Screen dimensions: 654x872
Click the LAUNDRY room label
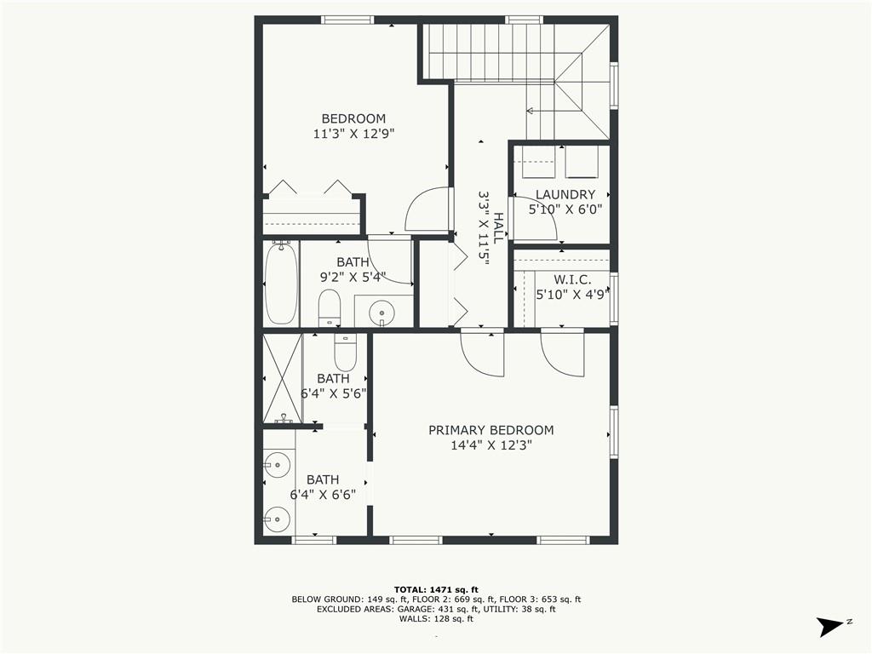[x=565, y=194]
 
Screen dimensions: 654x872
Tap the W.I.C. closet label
[x=571, y=280]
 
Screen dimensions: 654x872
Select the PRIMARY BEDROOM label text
[x=490, y=430]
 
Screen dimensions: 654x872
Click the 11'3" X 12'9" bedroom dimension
[x=353, y=134]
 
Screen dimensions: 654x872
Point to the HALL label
[x=498, y=228]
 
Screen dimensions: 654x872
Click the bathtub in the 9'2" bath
[x=281, y=284]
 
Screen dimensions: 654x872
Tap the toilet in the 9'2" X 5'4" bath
[x=330, y=307]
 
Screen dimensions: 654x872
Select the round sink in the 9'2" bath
[x=382, y=313]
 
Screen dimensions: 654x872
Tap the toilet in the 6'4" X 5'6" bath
[x=345, y=351]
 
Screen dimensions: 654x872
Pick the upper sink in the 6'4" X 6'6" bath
[x=277, y=465]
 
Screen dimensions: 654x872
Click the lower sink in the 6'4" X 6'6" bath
[x=277, y=518]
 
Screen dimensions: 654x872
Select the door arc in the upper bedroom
[x=427, y=209]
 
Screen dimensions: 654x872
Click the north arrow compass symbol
[x=829, y=627]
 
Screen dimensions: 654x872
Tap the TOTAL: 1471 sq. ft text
[x=436, y=589]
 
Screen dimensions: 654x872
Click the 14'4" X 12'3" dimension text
[x=490, y=445]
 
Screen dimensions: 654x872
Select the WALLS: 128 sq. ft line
[x=436, y=619]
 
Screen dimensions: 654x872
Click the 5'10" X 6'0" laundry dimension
[x=565, y=209]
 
